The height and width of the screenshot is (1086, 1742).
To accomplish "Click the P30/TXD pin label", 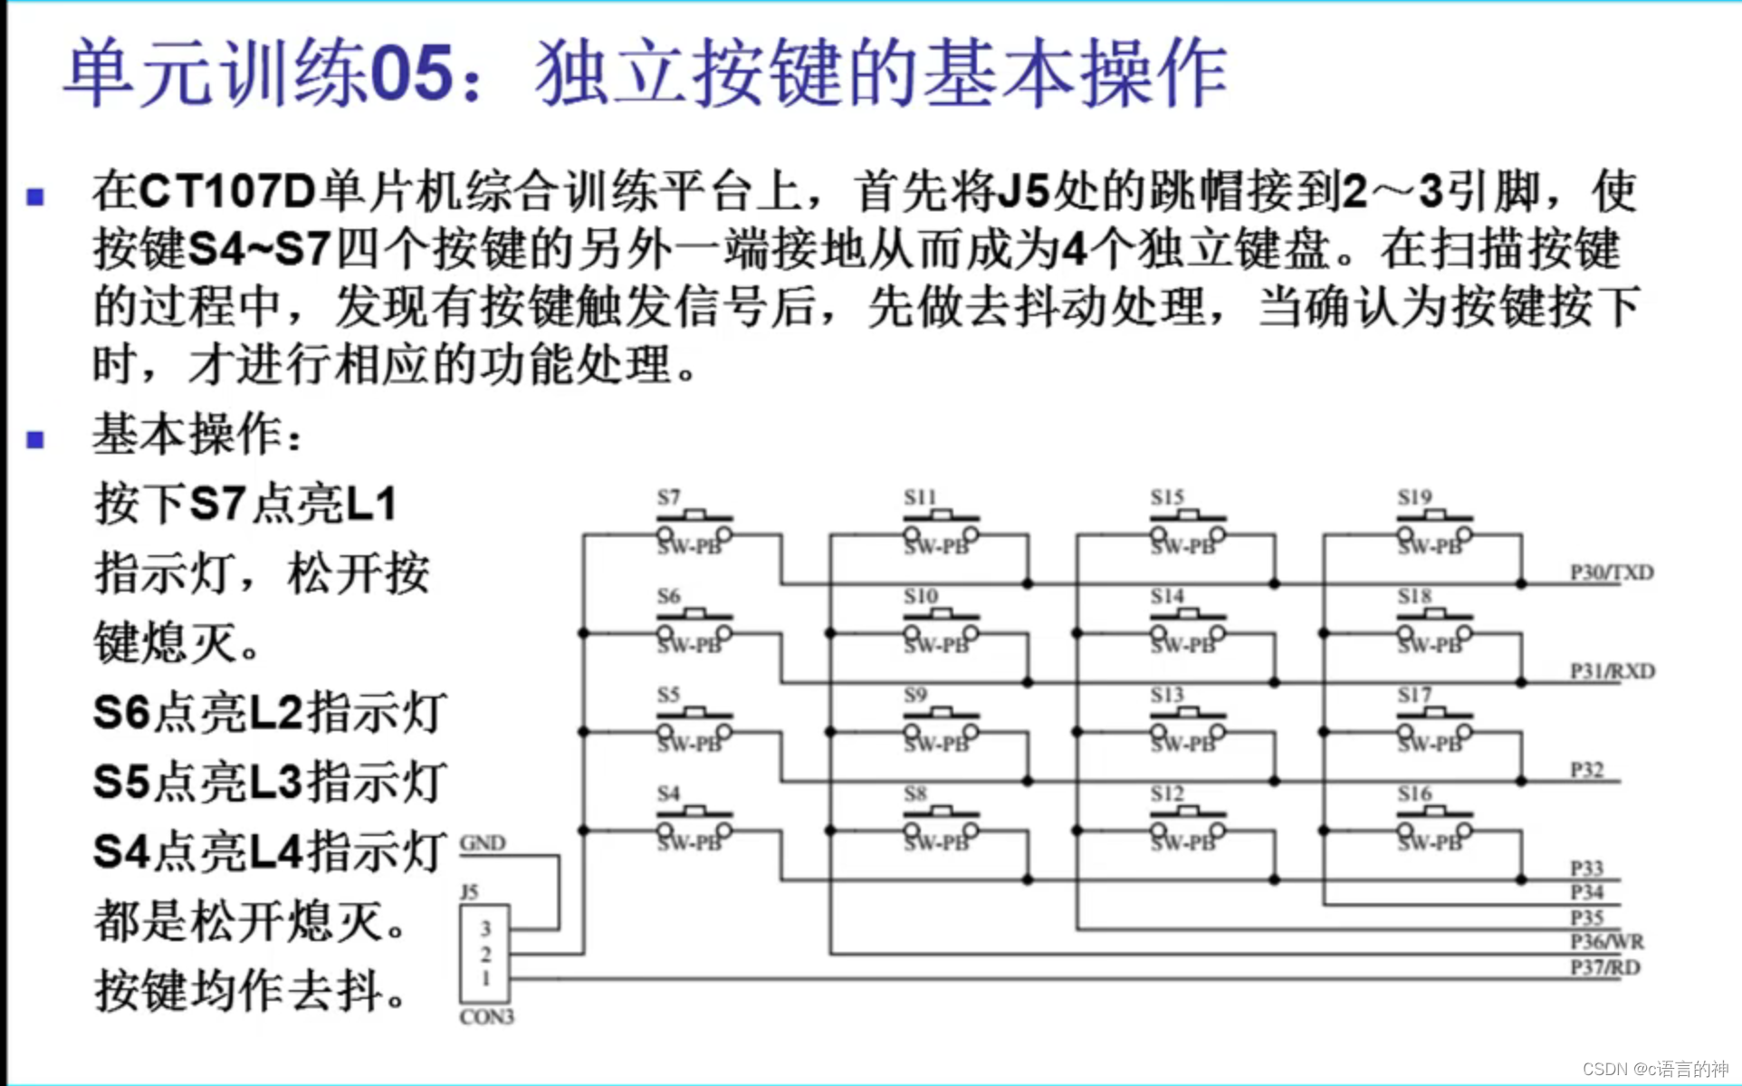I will (x=1611, y=572).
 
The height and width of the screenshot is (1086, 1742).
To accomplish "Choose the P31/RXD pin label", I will (x=1612, y=671).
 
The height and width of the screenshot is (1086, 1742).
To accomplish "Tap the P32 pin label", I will (x=1586, y=770).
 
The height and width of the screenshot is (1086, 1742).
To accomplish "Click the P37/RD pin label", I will (x=1604, y=967).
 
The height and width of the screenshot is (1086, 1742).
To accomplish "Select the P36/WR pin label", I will (x=1606, y=942).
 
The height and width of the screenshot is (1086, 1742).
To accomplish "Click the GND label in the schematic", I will (x=482, y=843).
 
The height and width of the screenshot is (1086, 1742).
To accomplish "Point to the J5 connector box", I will (x=484, y=953).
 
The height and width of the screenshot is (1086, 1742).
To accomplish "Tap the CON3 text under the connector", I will (x=486, y=1017).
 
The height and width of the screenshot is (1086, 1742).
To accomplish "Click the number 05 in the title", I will (x=412, y=72).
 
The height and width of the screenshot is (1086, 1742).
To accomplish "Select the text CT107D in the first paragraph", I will (x=226, y=191).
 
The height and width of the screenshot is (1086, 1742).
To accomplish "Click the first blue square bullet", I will (x=36, y=197).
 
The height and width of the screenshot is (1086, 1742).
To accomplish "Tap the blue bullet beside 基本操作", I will (x=36, y=440).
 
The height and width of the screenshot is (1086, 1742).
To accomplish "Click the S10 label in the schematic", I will (x=920, y=596).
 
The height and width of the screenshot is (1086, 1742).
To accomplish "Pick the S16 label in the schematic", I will (x=1413, y=794).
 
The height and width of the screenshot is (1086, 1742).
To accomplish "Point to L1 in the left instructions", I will (x=371, y=504).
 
